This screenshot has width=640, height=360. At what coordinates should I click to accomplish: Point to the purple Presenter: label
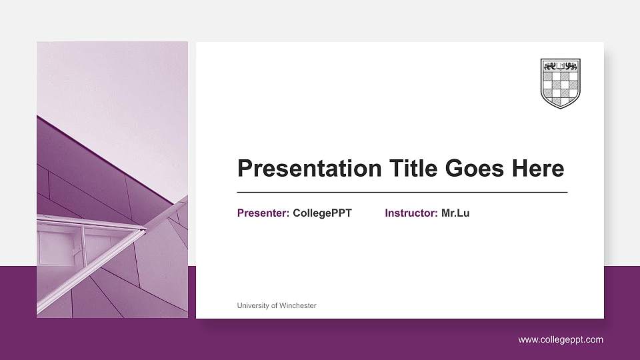[x=263, y=213]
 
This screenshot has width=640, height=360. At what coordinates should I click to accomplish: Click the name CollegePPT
[x=322, y=213]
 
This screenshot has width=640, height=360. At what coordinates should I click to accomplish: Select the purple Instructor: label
[x=411, y=213]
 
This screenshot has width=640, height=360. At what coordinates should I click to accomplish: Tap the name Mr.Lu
[x=455, y=213]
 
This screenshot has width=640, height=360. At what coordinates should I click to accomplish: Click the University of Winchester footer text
[x=277, y=305]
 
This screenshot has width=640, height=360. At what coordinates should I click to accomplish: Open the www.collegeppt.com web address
[x=561, y=340]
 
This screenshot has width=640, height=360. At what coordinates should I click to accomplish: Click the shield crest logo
[x=560, y=83]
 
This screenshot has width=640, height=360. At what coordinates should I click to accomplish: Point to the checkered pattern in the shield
[x=560, y=88]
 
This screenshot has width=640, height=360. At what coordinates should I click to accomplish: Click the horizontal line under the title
[x=402, y=192]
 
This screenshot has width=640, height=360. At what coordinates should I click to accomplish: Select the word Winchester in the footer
[x=298, y=305]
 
